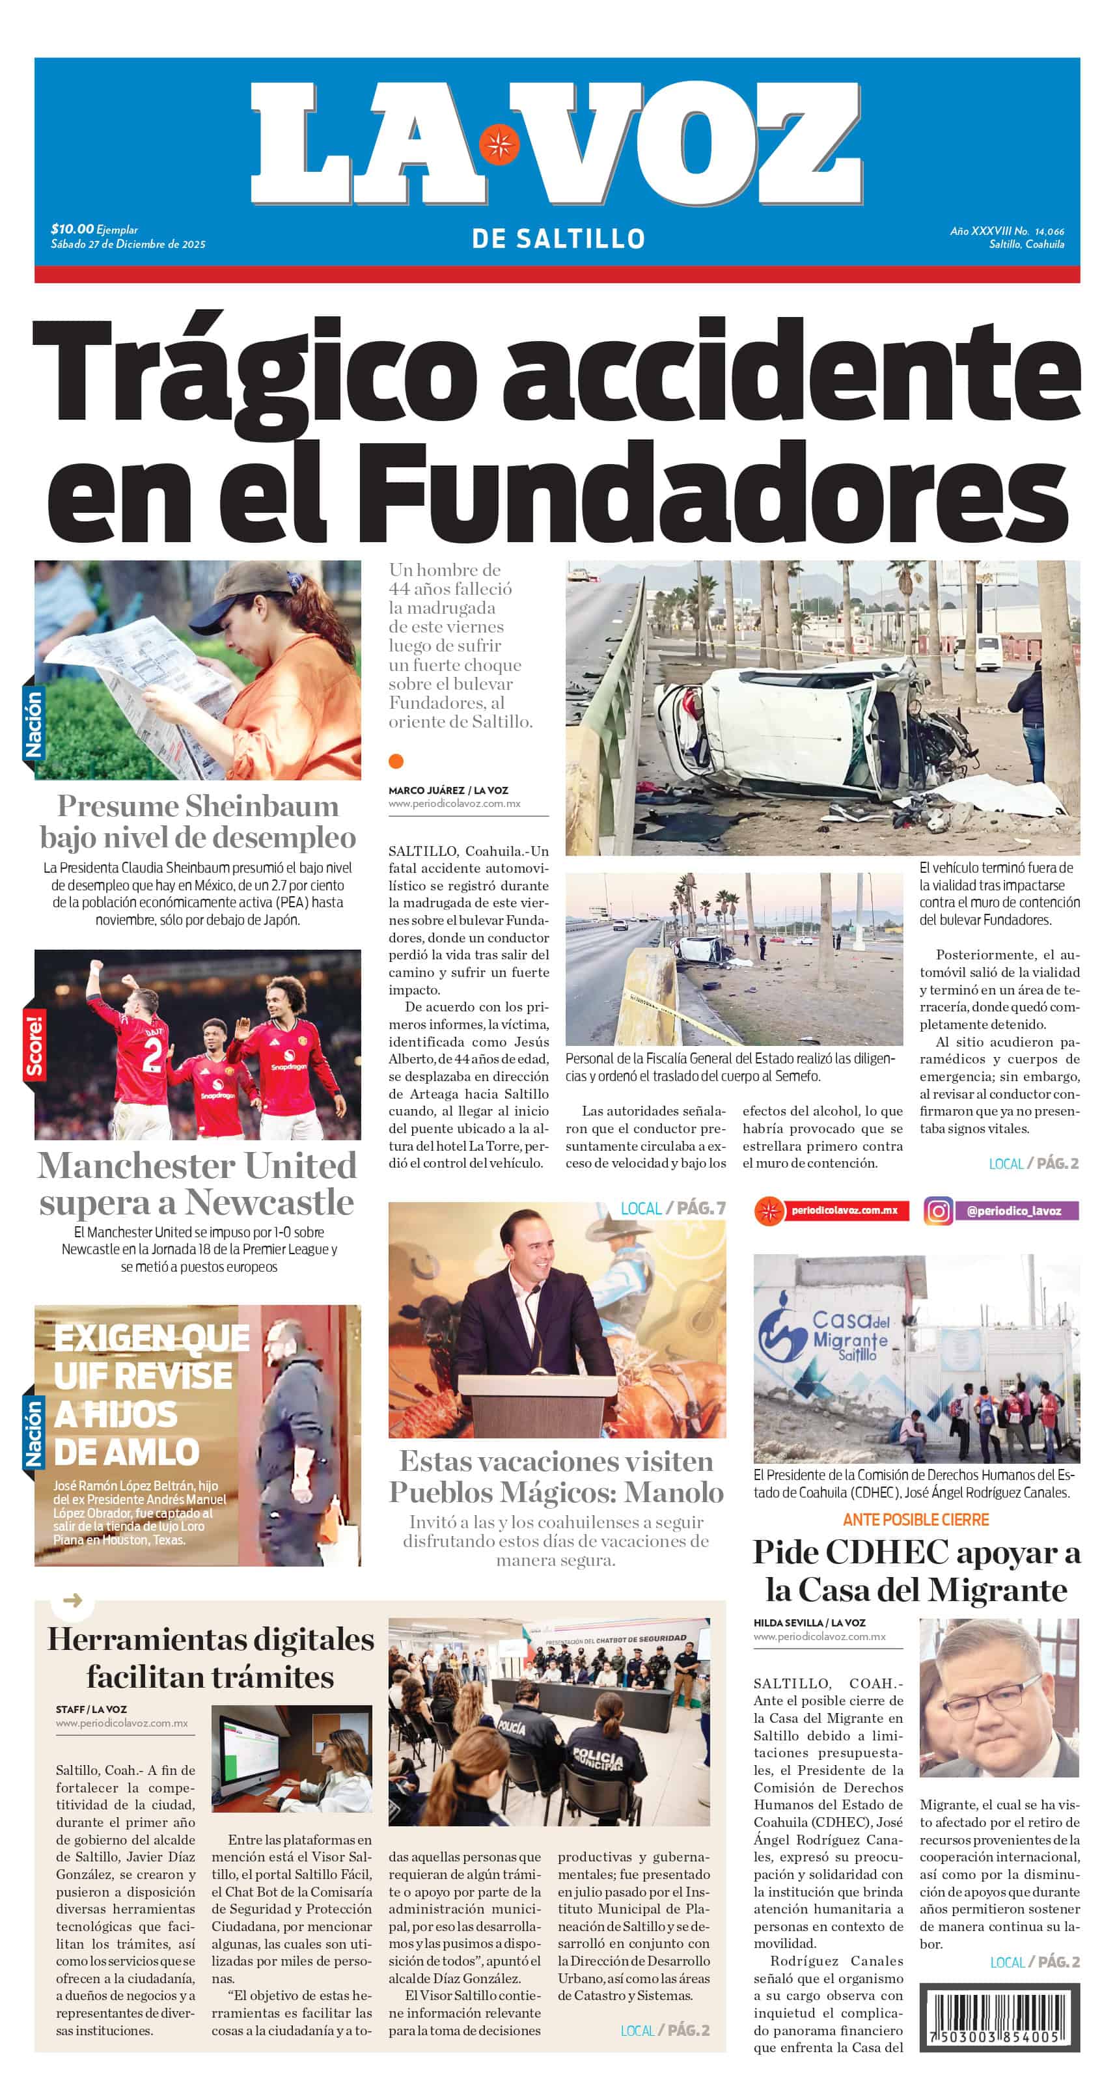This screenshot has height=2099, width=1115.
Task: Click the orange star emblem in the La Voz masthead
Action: (x=499, y=145)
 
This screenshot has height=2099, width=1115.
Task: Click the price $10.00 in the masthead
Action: (x=72, y=229)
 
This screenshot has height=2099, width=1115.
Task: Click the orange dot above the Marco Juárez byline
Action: (x=396, y=761)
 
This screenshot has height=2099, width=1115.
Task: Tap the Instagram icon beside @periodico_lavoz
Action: (x=938, y=1211)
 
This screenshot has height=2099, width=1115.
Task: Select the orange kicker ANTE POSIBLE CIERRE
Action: (x=915, y=1520)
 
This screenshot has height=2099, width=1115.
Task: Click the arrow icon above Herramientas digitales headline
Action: (x=72, y=1600)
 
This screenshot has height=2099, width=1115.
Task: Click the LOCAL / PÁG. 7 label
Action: (x=672, y=1209)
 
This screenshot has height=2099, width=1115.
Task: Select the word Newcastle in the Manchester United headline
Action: (x=269, y=1203)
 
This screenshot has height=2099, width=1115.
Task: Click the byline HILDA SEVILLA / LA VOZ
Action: (x=808, y=1623)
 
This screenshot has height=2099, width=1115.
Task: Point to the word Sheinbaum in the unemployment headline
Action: (x=262, y=806)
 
